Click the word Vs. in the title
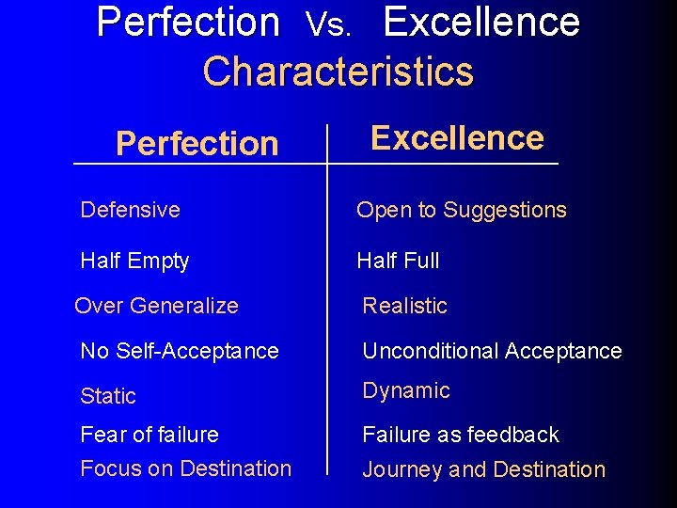pyautogui.click(x=329, y=26)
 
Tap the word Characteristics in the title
pyautogui.click(x=338, y=71)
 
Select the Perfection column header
pyautogui.click(x=197, y=144)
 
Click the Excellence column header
pyautogui.click(x=457, y=138)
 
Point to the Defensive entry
pyautogui.click(x=130, y=210)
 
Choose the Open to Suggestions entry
pyautogui.click(x=462, y=210)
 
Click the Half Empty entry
pyautogui.click(x=134, y=261)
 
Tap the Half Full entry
pyautogui.click(x=398, y=261)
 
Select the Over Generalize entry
pyautogui.click(x=156, y=306)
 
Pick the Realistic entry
pyautogui.click(x=405, y=306)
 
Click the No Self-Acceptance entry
pyautogui.click(x=180, y=351)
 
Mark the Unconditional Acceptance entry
pyautogui.click(x=493, y=351)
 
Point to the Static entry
pyautogui.click(x=108, y=396)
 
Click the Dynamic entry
pyautogui.click(x=406, y=390)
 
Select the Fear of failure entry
pyautogui.click(x=150, y=435)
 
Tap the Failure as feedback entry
pyautogui.click(x=461, y=435)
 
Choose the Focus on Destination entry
pyautogui.click(x=186, y=468)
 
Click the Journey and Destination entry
pyautogui.click(x=484, y=469)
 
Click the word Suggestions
pyautogui.click(x=505, y=210)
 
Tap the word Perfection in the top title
pyautogui.click(x=188, y=22)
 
